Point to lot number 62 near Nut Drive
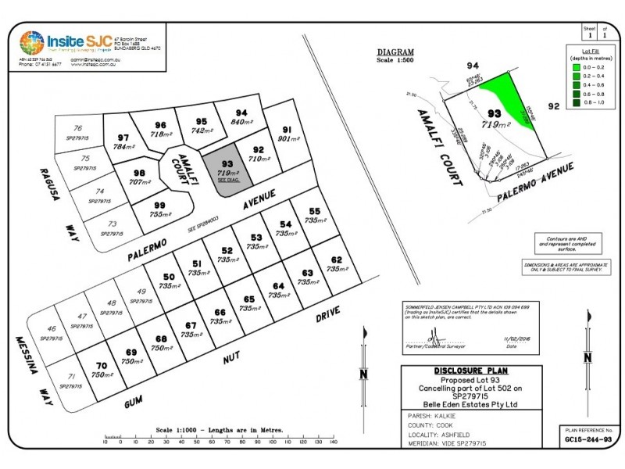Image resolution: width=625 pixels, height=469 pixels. pos(337,264)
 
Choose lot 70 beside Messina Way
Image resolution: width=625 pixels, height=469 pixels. pos(100,371)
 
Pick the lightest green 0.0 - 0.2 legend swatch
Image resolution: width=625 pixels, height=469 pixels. pos(577,69)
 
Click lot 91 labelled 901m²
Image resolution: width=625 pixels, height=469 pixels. pos(287,134)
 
